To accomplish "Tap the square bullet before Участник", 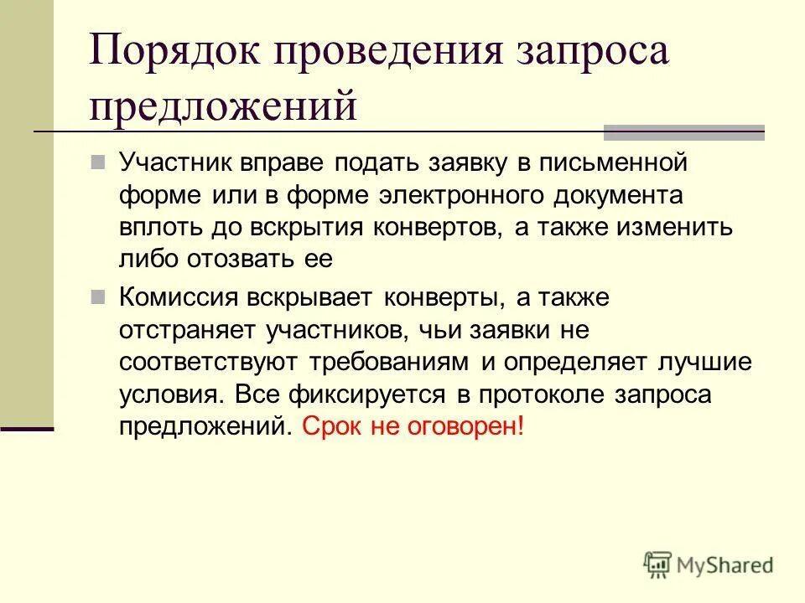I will (99, 160).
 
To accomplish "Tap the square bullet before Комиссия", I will (99, 296).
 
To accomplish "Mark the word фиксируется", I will (377, 394).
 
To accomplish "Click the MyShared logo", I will (709, 565).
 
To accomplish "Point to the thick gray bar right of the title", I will (684, 131).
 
